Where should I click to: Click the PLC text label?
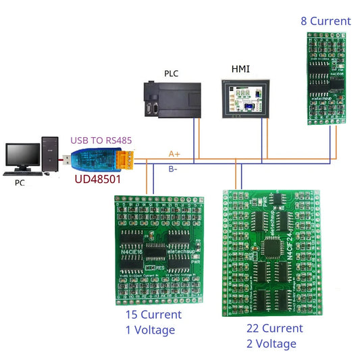point(172,73)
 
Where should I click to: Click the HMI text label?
point(240,70)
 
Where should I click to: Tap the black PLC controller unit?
point(172,99)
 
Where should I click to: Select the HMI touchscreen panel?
point(244,99)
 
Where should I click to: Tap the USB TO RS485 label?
point(101,140)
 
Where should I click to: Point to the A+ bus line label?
point(174,155)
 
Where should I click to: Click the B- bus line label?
point(174,170)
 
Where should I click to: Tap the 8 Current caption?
point(326,21)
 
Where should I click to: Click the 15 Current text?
point(153,315)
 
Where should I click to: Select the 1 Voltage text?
point(150,330)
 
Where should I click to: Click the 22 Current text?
point(275,328)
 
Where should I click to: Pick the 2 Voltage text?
point(272,344)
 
